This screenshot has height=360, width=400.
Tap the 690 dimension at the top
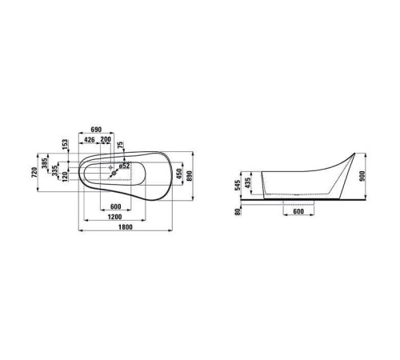(95, 129)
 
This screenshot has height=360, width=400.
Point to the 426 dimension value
(90, 138)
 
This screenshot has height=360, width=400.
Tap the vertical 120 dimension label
(64, 176)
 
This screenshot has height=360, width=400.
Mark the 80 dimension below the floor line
(238, 211)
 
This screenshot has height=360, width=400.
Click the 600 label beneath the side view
(299, 212)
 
